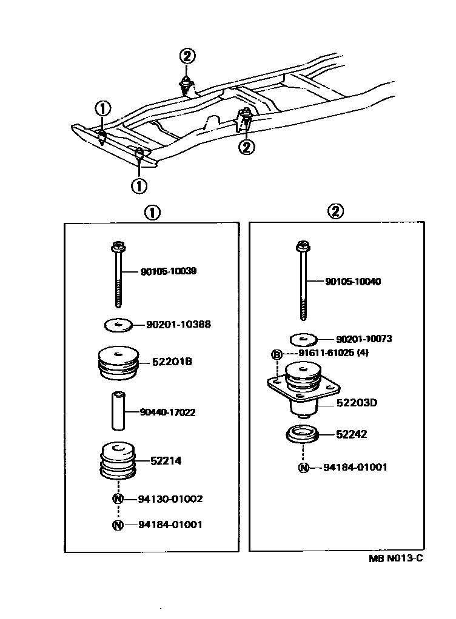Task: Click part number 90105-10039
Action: click(x=169, y=271)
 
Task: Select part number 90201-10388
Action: click(x=178, y=325)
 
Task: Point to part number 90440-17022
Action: click(x=167, y=412)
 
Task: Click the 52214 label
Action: click(x=166, y=461)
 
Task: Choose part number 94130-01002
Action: click(x=170, y=499)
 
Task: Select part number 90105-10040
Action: click(x=354, y=282)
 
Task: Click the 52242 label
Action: click(x=351, y=434)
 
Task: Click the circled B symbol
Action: click(x=276, y=354)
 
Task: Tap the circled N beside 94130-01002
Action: click(x=118, y=499)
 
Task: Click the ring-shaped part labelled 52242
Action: click(x=300, y=435)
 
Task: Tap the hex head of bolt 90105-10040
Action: click(x=303, y=247)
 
